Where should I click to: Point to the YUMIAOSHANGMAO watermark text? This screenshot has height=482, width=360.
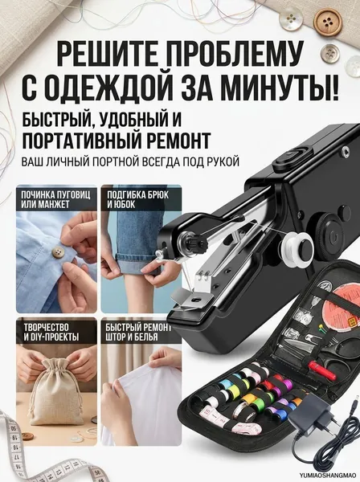coord(329,476)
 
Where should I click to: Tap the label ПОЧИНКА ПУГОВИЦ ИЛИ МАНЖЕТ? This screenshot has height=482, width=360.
coord(55,200)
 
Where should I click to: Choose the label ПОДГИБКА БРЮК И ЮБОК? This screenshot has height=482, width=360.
coord(137,199)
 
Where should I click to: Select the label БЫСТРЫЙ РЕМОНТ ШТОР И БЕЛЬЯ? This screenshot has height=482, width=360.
coord(139,333)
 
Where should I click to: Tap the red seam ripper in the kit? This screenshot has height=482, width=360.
coord(321,370)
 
